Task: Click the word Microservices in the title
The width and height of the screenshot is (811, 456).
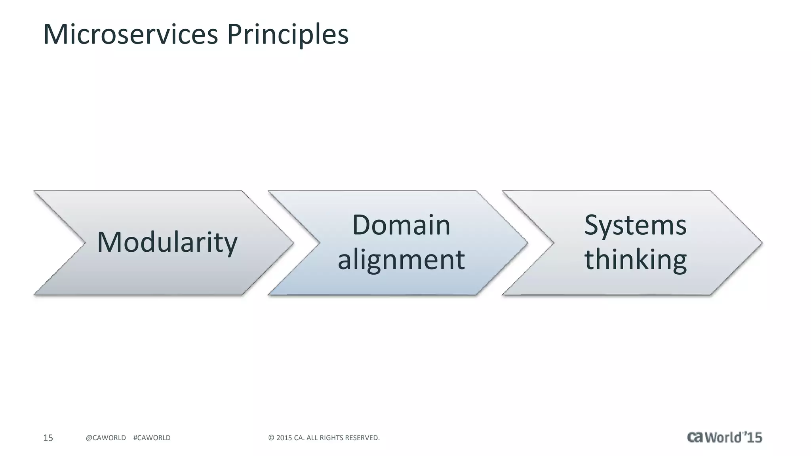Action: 131,34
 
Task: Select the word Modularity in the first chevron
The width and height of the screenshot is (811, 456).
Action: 167,242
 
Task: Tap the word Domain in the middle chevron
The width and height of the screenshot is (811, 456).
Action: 401,225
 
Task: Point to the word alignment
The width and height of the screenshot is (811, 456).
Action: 401,260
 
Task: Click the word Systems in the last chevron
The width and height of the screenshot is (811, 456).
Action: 635,225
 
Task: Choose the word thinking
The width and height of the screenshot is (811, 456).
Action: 635,260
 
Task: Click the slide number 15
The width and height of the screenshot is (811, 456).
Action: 48,438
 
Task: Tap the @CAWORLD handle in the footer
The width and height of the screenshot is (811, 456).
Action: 106,438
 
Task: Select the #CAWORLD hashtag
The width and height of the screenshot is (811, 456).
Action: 152,438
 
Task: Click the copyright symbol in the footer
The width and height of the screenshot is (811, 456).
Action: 271,438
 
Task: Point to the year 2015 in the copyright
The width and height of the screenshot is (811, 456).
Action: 284,438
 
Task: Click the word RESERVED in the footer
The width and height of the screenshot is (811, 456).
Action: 362,438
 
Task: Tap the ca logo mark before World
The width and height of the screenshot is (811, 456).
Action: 695,437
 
